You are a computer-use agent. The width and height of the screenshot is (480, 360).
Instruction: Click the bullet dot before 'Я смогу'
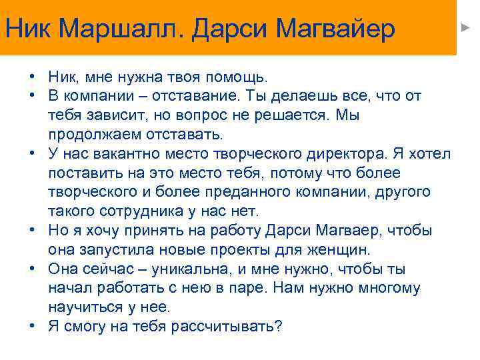[32, 326]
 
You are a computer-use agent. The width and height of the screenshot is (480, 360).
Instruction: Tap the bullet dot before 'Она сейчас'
[32, 269]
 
